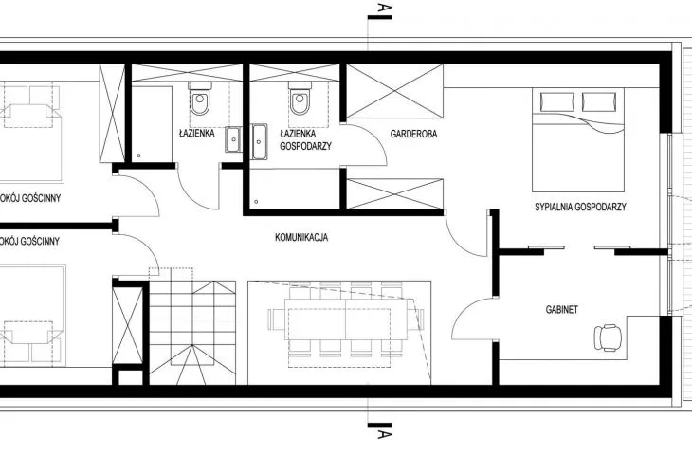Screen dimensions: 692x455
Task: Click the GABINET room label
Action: pyautogui.click(x=561, y=310)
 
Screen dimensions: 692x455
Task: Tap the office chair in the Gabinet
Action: pyautogui.click(x=608, y=337)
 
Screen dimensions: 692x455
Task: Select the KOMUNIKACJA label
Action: pyautogui.click(x=301, y=237)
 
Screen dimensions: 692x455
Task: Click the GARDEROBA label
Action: pyautogui.click(x=413, y=134)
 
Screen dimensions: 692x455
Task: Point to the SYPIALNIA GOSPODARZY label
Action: pyautogui.click(x=580, y=207)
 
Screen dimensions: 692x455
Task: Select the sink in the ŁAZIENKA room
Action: pyautogui.click(x=233, y=139)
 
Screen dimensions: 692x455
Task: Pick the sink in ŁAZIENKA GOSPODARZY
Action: pyautogui.click(x=259, y=141)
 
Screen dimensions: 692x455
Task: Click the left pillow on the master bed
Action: pyautogui.click(x=557, y=102)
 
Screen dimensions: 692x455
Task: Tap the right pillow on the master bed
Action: pyautogui.click(x=599, y=102)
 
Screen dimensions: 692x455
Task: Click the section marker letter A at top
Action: pyautogui.click(x=385, y=8)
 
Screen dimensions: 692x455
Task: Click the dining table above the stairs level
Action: pyautogui.click(x=346, y=318)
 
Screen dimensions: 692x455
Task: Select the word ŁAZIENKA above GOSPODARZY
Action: pyautogui.click(x=298, y=134)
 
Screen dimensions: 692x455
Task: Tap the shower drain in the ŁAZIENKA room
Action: pyautogui.click(x=139, y=155)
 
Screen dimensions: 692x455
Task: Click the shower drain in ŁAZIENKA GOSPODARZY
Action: pyautogui.click(x=256, y=202)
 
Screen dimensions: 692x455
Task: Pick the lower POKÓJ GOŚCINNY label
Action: pyautogui.click(x=29, y=241)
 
